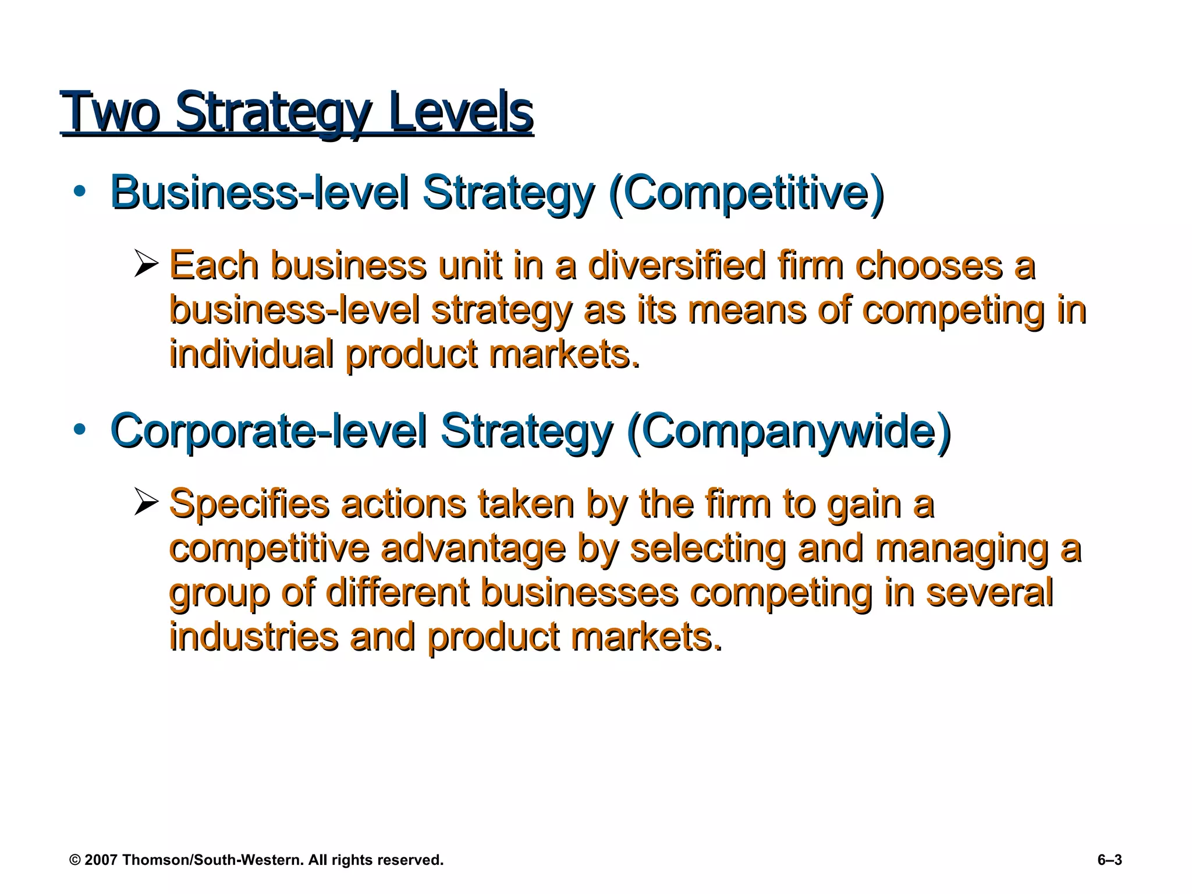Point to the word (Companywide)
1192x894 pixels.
[x=789, y=431]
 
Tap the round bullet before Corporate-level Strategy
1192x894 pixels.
[x=80, y=430]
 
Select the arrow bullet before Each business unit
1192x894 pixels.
[x=146, y=263]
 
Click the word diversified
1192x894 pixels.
[x=676, y=266]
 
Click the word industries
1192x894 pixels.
[x=254, y=637]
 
